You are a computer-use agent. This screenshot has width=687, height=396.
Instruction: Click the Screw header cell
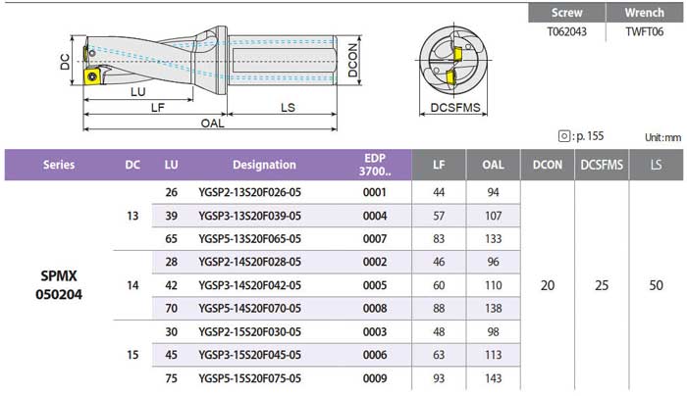click(566, 13)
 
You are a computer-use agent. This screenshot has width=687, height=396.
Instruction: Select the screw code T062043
click(566, 31)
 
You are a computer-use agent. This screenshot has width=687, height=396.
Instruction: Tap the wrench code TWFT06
click(644, 31)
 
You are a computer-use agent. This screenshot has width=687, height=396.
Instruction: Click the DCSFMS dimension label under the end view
click(455, 107)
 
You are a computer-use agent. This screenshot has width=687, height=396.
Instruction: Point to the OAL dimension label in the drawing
click(213, 124)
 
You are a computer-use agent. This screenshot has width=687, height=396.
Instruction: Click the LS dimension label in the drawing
click(288, 108)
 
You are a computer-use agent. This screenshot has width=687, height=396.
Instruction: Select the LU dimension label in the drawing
click(138, 92)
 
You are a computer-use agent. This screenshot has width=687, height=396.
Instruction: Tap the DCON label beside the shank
click(352, 60)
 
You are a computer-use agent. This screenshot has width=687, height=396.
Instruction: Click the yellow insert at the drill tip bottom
click(92, 76)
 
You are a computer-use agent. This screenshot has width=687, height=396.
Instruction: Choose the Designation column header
click(264, 165)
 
